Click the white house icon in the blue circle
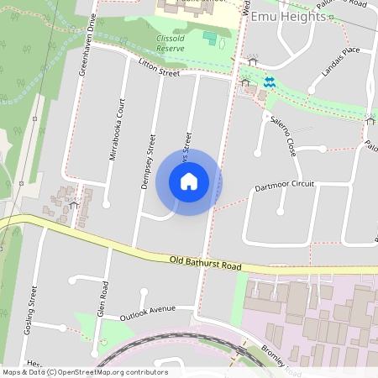189,181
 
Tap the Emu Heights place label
288,16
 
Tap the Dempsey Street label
150,161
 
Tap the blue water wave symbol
270,81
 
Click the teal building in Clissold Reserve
209,38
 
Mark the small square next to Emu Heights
332,16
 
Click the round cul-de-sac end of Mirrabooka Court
106,203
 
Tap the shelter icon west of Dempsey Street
74,204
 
